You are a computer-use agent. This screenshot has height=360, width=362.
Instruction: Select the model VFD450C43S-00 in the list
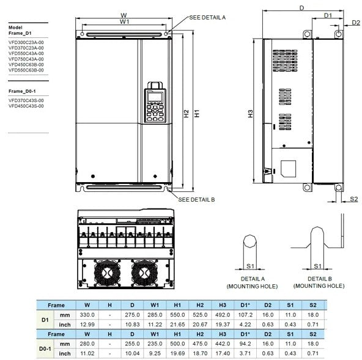click(26, 106)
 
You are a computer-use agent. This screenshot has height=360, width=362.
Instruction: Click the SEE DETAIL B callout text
click(196, 199)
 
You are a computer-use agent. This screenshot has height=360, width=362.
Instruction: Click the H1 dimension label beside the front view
click(196, 113)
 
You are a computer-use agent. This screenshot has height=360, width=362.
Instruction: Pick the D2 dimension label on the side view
click(356, 23)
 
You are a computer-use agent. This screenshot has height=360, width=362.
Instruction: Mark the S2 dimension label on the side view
click(354, 199)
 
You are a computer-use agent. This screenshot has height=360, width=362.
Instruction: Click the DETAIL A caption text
click(252, 278)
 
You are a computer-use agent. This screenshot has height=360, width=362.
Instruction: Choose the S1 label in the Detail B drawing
click(317, 266)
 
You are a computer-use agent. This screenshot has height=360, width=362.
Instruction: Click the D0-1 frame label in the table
click(45, 349)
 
